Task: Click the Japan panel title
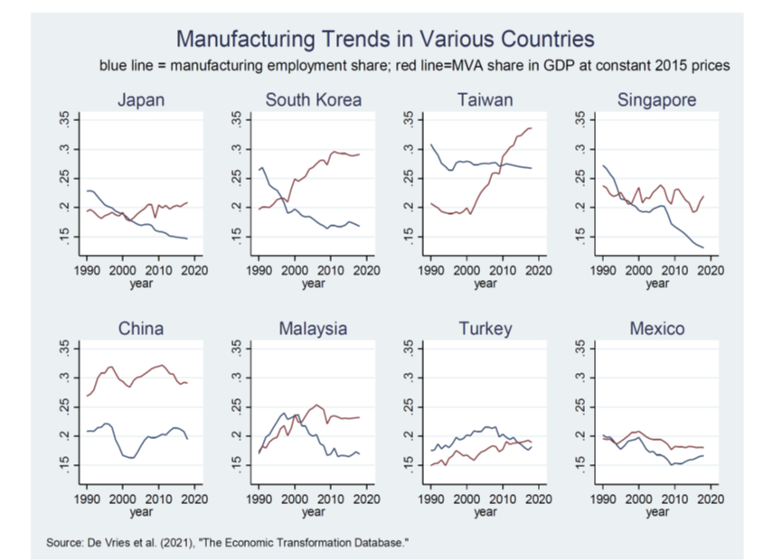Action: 141,100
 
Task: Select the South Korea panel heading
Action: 313,100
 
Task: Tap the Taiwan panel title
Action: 485,100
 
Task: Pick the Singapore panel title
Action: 657,100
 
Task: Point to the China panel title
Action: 141,329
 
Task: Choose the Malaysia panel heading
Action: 313,329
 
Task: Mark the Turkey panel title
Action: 485,329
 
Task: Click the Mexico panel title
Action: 657,329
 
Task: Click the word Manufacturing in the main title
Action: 240,39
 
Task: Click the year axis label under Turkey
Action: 485,512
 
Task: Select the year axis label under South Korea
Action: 313,284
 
